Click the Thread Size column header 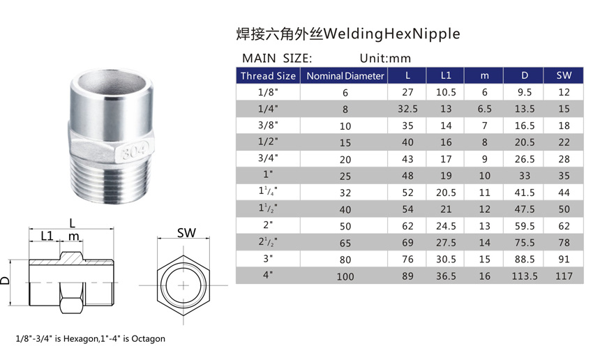(268, 75)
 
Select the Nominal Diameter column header (345, 75)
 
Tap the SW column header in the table (564, 75)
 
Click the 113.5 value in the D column (524, 276)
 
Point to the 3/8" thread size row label (268, 126)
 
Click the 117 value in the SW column (564, 276)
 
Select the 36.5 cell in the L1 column (446, 276)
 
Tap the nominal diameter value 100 (345, 276)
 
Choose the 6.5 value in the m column (485, 109)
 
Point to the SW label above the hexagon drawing (186, 233)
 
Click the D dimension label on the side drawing (6, 280)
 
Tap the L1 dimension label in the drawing (47, 236)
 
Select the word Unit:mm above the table (386, 59)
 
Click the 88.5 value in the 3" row (524, 260)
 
